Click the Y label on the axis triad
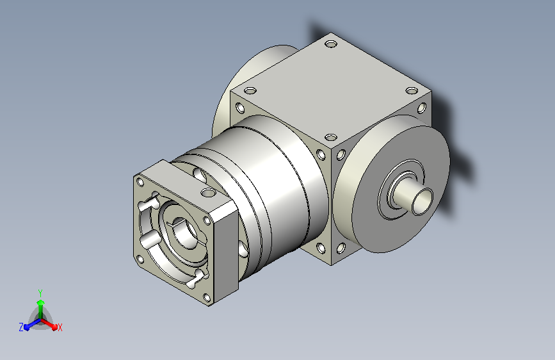40,293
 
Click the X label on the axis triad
60,327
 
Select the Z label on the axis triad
21,327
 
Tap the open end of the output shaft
422,201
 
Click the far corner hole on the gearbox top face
331,44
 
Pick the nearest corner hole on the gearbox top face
330,137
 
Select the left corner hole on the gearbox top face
250,91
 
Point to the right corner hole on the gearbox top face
412,91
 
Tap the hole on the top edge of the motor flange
208,193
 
